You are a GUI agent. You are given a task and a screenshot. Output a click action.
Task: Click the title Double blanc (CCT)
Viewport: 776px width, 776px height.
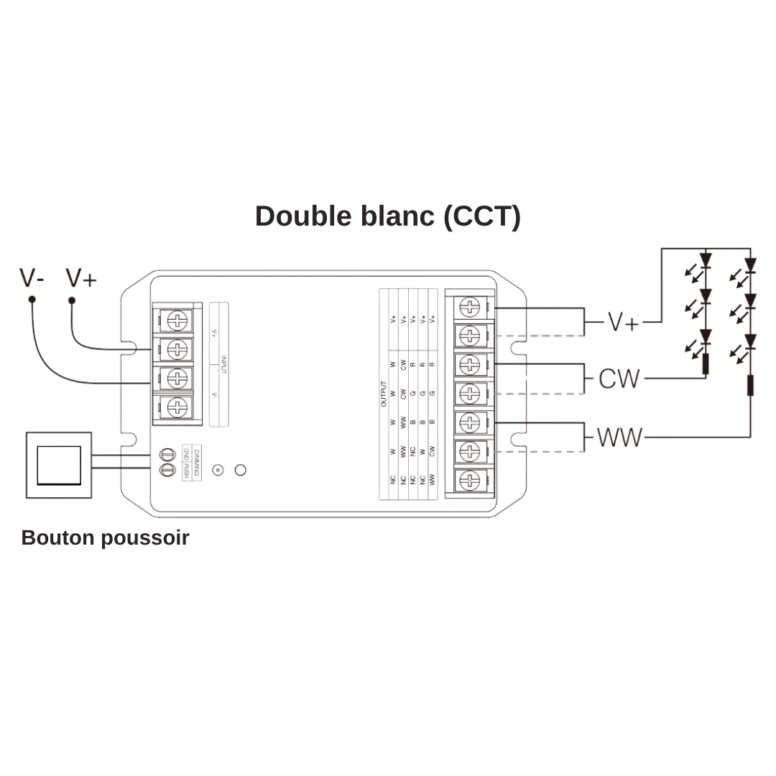tap(387, 216)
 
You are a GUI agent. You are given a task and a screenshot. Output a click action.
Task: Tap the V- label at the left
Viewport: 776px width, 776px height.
tap(32, 277)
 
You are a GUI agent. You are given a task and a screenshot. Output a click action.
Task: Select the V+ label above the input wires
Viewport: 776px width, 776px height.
tap(80, 277)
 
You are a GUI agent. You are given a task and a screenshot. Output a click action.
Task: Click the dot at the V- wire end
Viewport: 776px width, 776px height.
tap(32, 299)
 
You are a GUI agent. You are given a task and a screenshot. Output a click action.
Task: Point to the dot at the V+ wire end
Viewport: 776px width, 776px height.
tap(72, 300)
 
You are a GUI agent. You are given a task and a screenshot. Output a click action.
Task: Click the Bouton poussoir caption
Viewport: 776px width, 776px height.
tap(105, 537)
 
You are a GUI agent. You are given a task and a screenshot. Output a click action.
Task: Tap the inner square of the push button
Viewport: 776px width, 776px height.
tap(59, 465)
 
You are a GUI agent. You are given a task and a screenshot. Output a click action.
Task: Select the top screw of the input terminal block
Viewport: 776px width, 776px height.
tap(177, 318)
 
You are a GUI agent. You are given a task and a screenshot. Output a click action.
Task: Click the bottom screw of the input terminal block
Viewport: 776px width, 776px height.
tap(177, 407)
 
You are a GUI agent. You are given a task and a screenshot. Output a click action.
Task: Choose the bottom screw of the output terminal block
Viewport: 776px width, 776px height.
tap(469, 480)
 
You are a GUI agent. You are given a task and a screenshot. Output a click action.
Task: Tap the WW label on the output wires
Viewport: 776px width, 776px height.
tap(619, 437)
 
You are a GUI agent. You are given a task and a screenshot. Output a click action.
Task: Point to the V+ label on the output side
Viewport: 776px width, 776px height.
tap(623, 322)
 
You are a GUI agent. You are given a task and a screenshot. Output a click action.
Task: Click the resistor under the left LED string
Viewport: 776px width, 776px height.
tap(706, 364)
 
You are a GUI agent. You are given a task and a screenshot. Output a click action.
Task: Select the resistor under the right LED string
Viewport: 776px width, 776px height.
tap(750, 385)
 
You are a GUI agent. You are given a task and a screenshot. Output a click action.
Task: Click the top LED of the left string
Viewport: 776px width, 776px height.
tap(706, 260)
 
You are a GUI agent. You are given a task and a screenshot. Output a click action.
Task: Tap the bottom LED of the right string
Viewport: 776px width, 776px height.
tap(750, 341)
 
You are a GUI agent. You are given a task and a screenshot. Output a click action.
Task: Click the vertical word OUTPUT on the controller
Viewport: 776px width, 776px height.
tap(384, 394)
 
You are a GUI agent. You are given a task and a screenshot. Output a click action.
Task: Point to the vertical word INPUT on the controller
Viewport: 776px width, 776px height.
tap(223, 364)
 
